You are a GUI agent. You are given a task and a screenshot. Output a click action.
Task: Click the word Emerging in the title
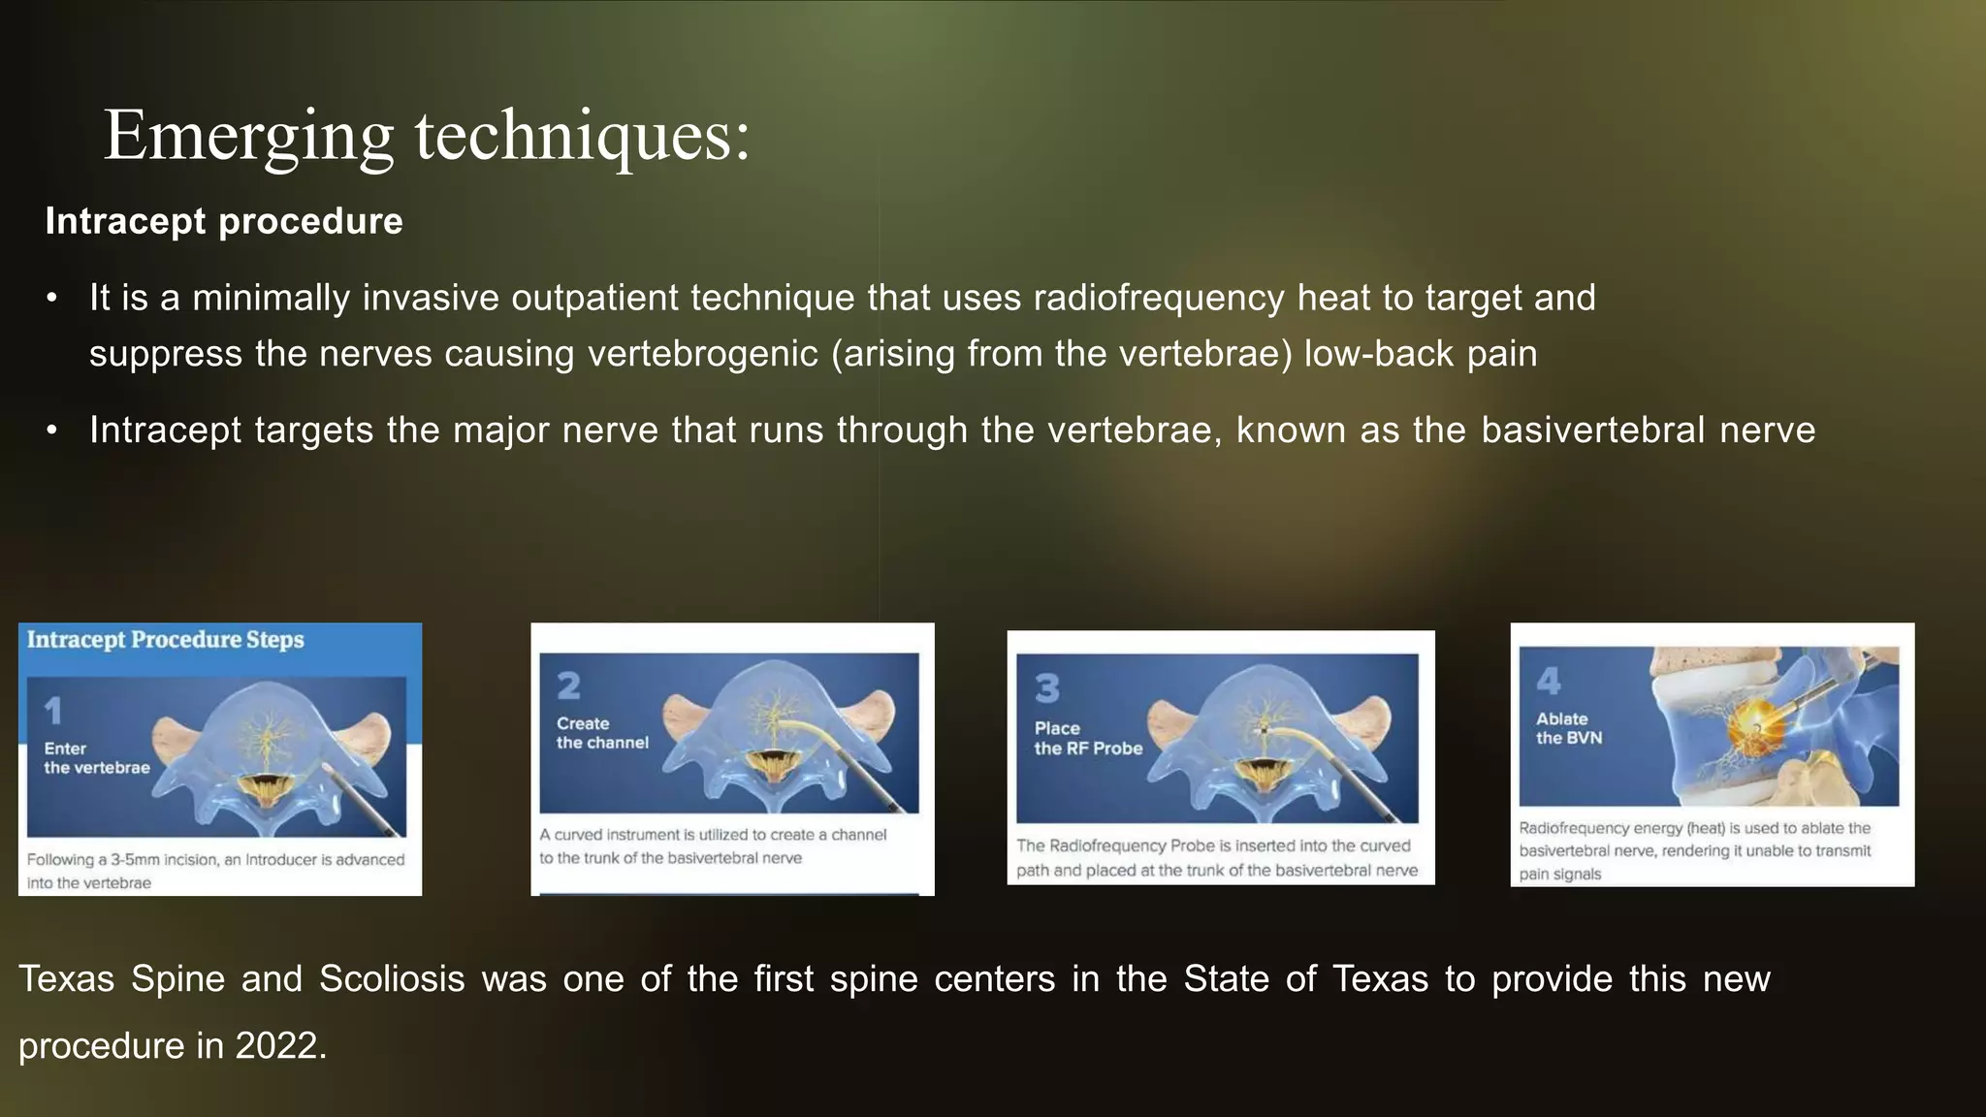[x=248, y=136]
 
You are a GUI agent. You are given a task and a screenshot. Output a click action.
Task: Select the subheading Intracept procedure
[x=224, y=221]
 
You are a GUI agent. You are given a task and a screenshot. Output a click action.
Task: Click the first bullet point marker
[x=52, y=299]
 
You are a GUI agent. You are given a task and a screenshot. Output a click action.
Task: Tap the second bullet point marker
[x=52, y=431]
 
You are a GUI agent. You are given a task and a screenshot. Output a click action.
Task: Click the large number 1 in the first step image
[x=53, y=711]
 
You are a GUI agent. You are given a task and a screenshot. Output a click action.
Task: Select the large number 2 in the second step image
[x=569, y=686]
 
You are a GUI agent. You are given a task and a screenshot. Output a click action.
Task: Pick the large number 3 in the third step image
[x=1047, y=688]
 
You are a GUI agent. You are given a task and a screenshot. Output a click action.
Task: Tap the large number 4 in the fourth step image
[x=1549, y=681]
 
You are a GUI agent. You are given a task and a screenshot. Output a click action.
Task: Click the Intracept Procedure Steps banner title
[x=165, y=640]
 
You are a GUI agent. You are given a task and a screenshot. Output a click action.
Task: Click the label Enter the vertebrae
[x=96, y=758]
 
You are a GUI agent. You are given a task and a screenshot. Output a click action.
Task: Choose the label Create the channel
[x=602, y=733]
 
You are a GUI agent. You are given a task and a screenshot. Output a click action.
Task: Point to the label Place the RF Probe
[x=1088, y=738]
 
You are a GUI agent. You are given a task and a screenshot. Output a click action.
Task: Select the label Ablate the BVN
[x=1569, y=728]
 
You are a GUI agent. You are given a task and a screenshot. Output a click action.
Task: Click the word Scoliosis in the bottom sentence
[x=392, y=979]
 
